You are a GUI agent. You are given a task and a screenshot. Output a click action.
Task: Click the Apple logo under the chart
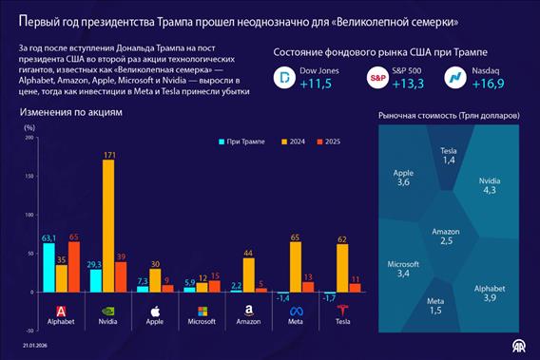coord(155,311)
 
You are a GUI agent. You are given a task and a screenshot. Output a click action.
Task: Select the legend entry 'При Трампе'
coord(242,142)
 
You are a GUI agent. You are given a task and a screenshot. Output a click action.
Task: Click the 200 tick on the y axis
coord(29,138)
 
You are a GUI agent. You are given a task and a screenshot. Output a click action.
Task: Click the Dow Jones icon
coord(282,79)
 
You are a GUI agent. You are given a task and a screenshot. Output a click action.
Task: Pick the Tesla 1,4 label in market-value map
coord(449,157)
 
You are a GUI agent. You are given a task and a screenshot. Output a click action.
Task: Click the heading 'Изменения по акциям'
coord(71,113)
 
